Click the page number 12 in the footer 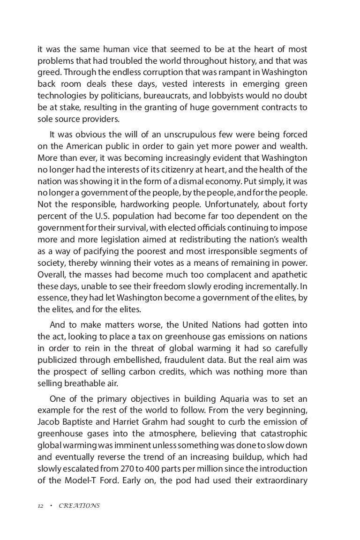pos(40,506)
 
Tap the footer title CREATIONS pos(79,506)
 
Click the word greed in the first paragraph pos(49,73)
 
